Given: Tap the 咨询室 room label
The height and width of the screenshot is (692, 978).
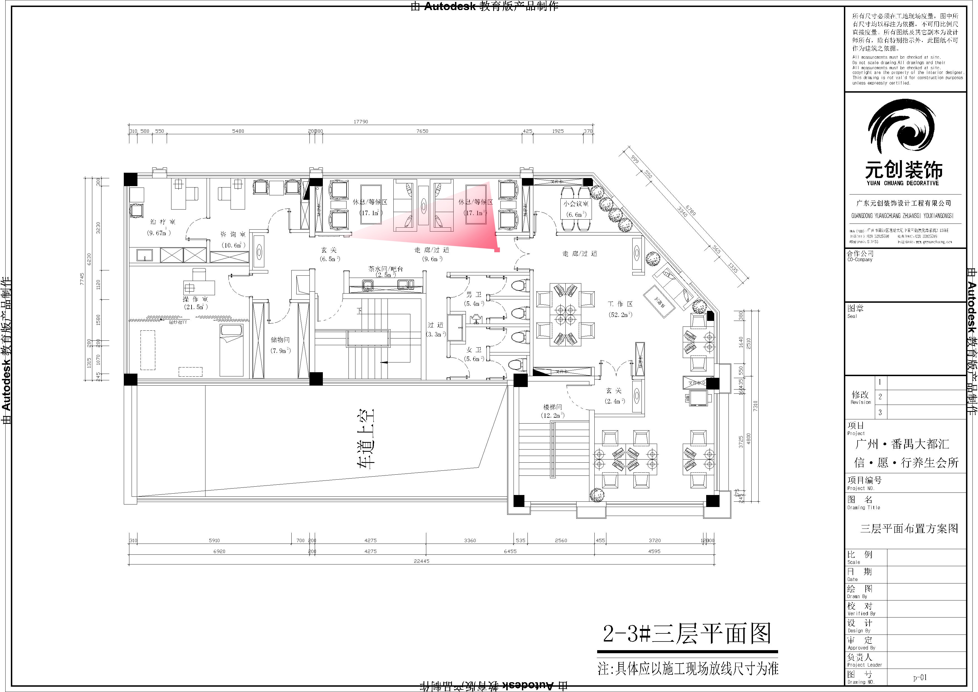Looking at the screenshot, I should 233,234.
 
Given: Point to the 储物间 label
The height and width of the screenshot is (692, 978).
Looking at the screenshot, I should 280,340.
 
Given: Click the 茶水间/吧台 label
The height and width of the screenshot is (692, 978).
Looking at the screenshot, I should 386,269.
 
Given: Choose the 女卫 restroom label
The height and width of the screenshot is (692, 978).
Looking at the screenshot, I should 474,350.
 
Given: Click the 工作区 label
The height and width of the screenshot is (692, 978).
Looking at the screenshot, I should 620,304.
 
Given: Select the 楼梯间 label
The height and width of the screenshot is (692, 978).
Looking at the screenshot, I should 553,407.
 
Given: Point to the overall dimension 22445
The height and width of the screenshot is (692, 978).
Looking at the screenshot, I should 421,561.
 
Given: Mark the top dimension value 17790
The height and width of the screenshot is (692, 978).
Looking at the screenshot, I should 360,121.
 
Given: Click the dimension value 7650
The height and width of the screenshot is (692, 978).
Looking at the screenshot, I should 422,131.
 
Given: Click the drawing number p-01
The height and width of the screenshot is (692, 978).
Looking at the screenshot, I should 920,677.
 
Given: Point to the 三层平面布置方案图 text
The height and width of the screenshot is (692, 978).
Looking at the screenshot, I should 909,529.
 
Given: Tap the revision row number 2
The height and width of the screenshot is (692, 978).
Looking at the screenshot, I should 880,397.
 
